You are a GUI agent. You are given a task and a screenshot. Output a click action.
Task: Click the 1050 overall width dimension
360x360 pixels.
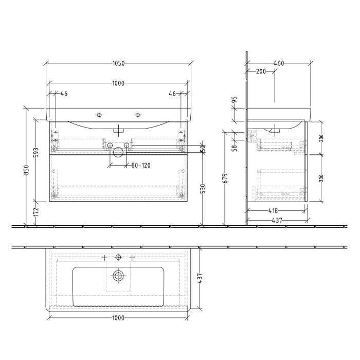click(x=118, y=64)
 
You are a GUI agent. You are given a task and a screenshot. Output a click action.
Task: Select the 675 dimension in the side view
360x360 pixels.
click(x=225, y=178)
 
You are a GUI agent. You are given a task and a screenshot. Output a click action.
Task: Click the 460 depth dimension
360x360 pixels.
click(x=279, y=64)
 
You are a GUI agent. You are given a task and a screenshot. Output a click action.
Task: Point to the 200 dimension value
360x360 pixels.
click(x=261, y=71)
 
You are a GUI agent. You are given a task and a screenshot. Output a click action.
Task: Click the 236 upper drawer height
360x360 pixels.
click(x=321, y=138)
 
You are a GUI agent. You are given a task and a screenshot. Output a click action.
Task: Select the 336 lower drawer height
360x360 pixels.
click(x=321, y=178)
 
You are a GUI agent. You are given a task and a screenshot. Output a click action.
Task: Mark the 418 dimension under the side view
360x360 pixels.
click(x=273, y=211)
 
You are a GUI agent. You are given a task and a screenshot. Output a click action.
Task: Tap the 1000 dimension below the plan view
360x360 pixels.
click(x=118, y=318)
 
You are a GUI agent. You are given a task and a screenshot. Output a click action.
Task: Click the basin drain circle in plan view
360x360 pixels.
click(x=119, y=276)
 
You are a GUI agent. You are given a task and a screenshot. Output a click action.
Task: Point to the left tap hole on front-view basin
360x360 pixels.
click(x=100, y=114)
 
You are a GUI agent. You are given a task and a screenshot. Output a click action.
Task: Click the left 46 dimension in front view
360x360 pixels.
click(x=64, y=94)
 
